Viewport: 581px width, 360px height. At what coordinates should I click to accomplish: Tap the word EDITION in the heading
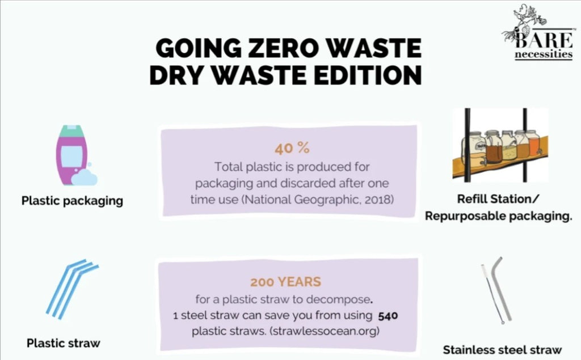coord(368,75)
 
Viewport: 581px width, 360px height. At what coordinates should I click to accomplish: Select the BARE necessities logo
coord(538,32)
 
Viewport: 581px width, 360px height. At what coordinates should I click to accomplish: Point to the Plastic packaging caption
coord(72,201)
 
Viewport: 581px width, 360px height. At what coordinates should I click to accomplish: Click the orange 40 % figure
coord(292,148)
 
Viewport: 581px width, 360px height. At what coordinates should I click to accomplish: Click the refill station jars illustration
coord(500,145)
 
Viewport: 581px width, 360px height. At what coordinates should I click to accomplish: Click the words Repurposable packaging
coord(498,216)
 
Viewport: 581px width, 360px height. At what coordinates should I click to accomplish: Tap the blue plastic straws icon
coord(72,289)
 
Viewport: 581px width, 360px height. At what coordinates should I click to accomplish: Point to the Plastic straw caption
coord(64,343)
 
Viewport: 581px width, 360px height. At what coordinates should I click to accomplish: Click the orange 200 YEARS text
coord(286,282)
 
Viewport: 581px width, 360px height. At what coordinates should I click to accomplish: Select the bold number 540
coord(388,316)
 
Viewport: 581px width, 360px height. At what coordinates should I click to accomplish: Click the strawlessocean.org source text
coord(325,331)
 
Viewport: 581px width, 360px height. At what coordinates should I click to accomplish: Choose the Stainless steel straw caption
coord(503,350)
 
